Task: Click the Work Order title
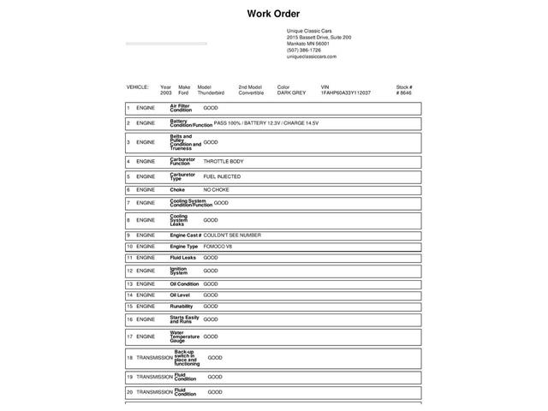[x=273, y=14]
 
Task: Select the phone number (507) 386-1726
[x=304, y=50]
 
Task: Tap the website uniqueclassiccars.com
[x=312, y=57]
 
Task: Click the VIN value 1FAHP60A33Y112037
[x=346, y=92]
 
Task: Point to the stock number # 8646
[x=404, y=92]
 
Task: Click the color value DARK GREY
[x=291, y=92]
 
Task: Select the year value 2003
[x=165, y=92]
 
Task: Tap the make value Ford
[x=184, y=92]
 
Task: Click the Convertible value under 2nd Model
[x=251, y=92]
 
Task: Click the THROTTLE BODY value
[x=223, y=161]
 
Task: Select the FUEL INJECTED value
[x=222, y=176]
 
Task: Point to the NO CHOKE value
[x=216, y=189]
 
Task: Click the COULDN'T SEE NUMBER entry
[x=232, y=235]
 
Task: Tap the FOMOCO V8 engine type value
[x=217, y=247]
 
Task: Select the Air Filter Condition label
[x=180, y=108]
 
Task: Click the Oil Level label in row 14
[x=180, y=295]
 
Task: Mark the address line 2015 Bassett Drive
[x=319, y=38]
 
